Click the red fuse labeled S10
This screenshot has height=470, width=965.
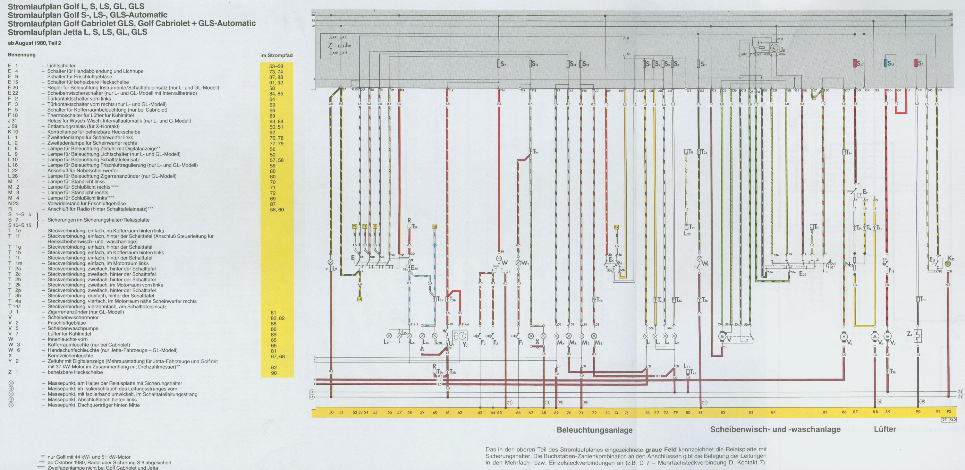[855, 63]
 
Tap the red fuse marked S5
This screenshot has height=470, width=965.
[916, 63]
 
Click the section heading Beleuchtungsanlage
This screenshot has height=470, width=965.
[595, 430]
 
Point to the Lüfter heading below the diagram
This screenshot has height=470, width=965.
[885, 429]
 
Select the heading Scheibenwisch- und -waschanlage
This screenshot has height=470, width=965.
[775, 430]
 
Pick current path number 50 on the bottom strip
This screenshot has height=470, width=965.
[331, 412]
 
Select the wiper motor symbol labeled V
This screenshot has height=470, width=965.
[721, 337]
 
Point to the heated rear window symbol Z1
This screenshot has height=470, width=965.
[918, 335]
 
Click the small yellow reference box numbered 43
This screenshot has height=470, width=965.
[435, 227]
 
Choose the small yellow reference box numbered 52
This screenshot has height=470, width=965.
[616, 227]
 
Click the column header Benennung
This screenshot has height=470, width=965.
[22, 55]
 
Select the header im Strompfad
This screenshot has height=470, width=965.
[276, 56]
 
